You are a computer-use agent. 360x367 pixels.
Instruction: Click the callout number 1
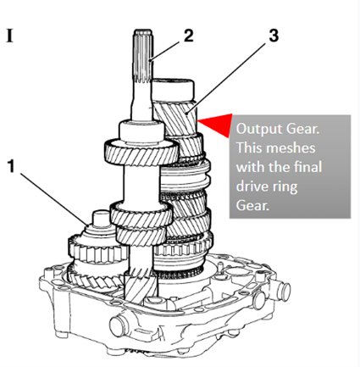point(11,166)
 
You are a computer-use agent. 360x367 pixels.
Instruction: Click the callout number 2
point(188,36)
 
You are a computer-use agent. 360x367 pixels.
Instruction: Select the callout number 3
point(274,36)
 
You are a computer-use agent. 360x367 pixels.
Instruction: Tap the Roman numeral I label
point(10,36)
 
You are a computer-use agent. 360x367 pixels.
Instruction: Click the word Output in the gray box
point(259,129)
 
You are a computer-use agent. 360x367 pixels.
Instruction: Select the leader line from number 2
point(165,51)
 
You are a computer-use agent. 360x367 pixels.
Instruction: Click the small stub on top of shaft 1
point(100,218)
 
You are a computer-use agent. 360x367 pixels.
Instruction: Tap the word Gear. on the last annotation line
point(252,205)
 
